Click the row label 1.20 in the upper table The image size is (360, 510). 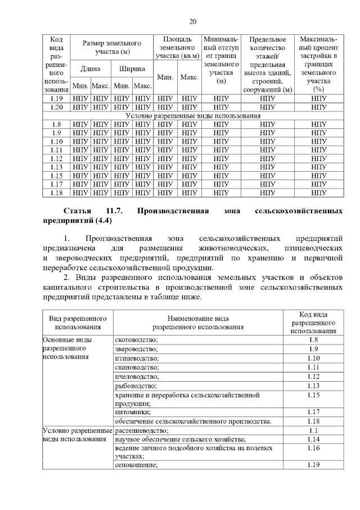tap(56, 106)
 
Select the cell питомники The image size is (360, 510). tap(132, 412)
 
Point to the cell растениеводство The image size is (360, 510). tap(141, 430)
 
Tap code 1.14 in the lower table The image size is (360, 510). tap(313, 439)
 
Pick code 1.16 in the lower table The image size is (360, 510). tap(313, 448)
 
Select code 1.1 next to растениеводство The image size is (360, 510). tap(313, 430)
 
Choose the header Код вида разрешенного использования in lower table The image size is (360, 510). tap(313, 322)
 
